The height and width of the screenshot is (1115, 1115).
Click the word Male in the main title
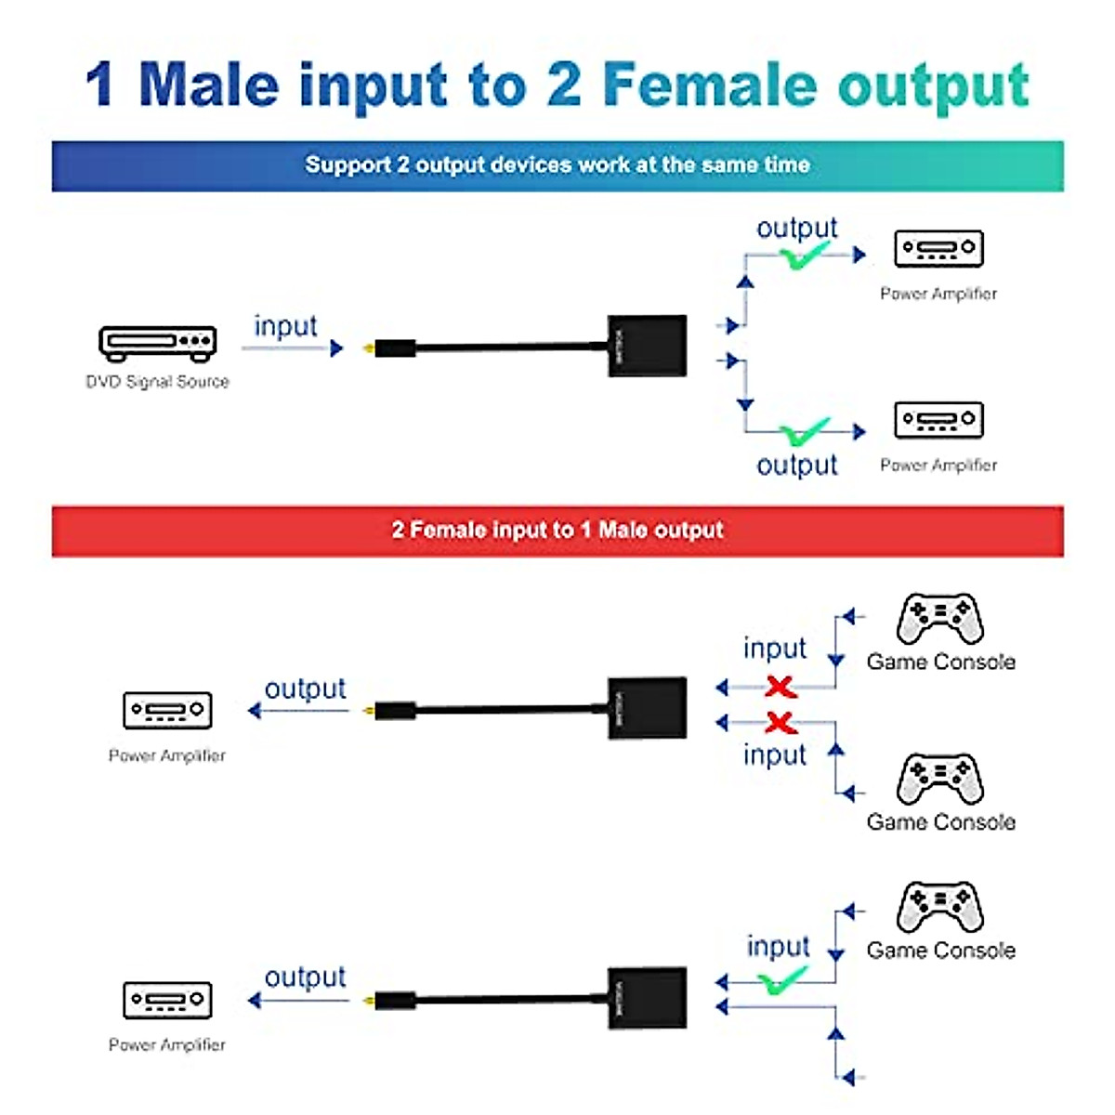[x=208, y=85]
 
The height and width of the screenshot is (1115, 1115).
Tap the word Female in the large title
[x=710, y=85]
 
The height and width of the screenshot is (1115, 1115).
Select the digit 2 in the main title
[x=564, y=85]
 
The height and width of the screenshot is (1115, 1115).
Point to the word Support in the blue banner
[x=348, y=165]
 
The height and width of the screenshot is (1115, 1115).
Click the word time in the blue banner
[x=787, y=165]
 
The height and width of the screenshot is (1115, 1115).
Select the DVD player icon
[x=158, y=343]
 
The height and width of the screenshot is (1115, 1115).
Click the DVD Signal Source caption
[x=157, y=382]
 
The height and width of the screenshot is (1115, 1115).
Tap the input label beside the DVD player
[x=285, y=326]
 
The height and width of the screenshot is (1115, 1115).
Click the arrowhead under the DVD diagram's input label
[x=336, y=348]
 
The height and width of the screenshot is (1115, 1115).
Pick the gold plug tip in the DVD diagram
[x=370, y=349]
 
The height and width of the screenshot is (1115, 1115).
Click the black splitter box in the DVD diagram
[x=647, y=346]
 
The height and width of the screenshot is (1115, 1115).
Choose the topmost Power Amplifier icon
[x=938, y=248]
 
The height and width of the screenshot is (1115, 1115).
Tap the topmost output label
[x=796, y=228]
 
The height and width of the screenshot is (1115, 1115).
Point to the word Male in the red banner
[x=623, y=531]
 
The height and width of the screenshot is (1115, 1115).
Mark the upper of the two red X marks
[x=780, y=687]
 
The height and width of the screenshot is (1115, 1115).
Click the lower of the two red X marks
[x=780, y=722]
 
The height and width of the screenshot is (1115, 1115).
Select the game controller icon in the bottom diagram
[x=939, y=907]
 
